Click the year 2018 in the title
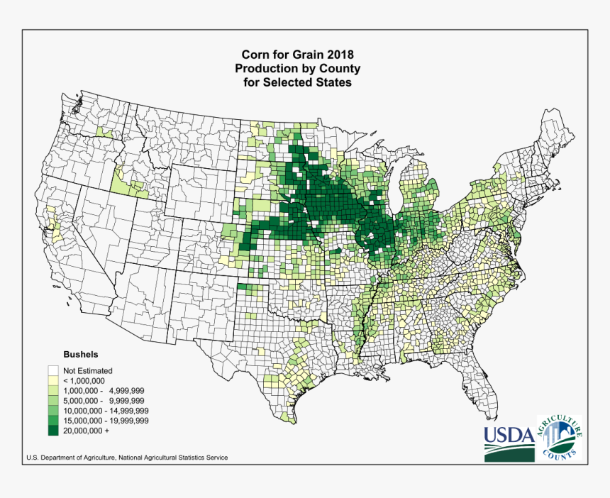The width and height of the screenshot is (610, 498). point(338,55)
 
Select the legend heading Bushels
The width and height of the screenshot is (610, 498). point(80,353)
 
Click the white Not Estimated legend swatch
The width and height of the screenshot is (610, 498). point(53,370)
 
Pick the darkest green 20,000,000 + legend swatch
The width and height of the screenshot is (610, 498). point(53,430)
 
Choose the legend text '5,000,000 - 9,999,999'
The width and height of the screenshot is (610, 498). point(104,400)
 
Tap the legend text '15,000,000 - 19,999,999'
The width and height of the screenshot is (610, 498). point(106,420)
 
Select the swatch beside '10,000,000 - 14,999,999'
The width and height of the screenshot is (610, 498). point(53,410)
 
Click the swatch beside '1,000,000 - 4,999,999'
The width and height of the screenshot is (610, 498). point(53,390)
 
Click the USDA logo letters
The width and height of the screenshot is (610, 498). point(509,433)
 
